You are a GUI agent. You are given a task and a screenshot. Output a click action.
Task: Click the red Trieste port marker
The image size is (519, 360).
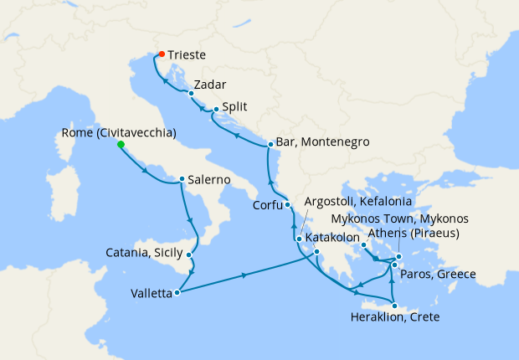[161, 55]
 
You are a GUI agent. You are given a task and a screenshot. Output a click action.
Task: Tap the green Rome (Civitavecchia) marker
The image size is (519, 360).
[121, 145]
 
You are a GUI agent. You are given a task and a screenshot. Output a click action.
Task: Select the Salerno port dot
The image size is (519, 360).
[182, 179]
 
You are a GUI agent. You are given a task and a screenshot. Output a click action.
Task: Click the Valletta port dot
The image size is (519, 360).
[177, 293]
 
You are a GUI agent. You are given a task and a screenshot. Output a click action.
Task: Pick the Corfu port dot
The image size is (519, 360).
[287, 204]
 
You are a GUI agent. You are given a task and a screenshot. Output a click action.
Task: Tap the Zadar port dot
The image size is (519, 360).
[191, 93]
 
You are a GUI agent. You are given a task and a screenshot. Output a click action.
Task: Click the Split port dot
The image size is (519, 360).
[216, 109]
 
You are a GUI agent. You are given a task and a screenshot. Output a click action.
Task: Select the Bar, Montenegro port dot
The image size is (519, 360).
[270, 144]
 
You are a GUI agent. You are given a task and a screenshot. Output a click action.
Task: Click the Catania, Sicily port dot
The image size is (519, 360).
[190, 255]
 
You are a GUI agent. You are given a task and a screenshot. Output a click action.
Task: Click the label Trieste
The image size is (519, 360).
[188, 56]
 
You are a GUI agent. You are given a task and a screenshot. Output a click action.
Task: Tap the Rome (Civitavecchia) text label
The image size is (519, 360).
[119, 132]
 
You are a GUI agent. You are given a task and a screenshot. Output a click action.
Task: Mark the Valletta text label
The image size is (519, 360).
[151, 294]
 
